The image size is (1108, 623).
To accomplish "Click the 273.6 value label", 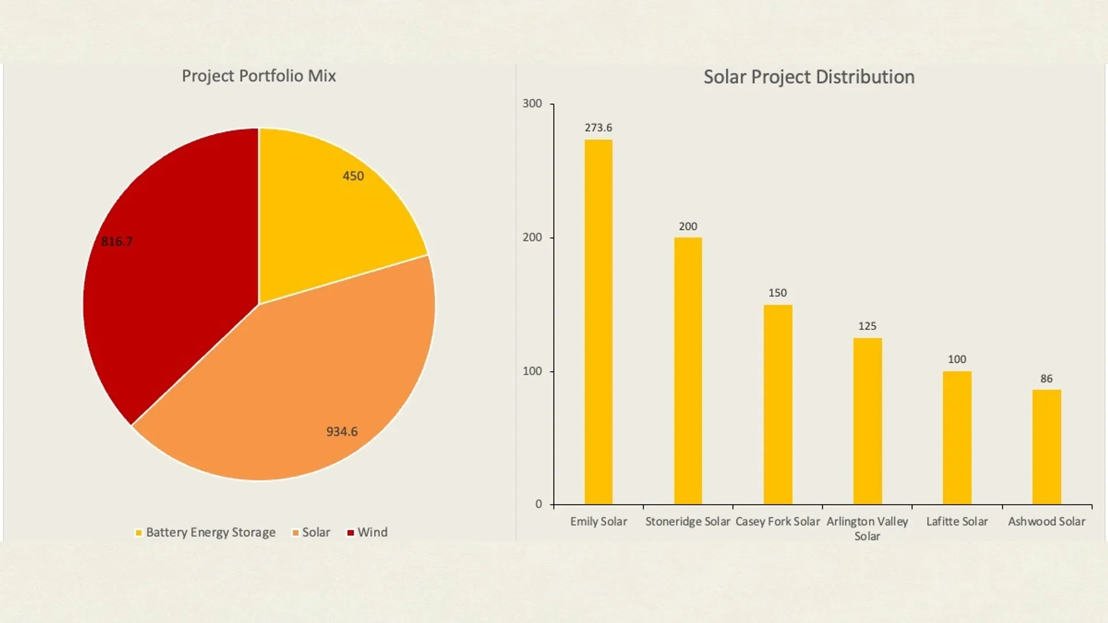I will [598, 127].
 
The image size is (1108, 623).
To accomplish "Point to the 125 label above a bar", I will [867, 326].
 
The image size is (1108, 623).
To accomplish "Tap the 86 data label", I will [1046, 378].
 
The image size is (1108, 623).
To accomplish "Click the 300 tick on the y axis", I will [532, 104].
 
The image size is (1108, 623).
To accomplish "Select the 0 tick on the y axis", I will [538, 504].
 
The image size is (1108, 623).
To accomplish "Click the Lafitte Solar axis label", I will [957, 521].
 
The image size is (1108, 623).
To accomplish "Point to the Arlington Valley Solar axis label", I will [867, 528].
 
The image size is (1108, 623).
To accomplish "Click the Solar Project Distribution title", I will [808, 77].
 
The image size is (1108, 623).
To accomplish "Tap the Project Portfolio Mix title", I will [259, 76].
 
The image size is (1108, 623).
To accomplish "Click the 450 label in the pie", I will [353, 176].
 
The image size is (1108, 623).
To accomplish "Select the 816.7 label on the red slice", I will [117, 241].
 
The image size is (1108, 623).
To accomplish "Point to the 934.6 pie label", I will [342, 431].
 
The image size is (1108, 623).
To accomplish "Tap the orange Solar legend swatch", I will [295, 533].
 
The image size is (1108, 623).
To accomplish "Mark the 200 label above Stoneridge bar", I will [688, 226].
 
